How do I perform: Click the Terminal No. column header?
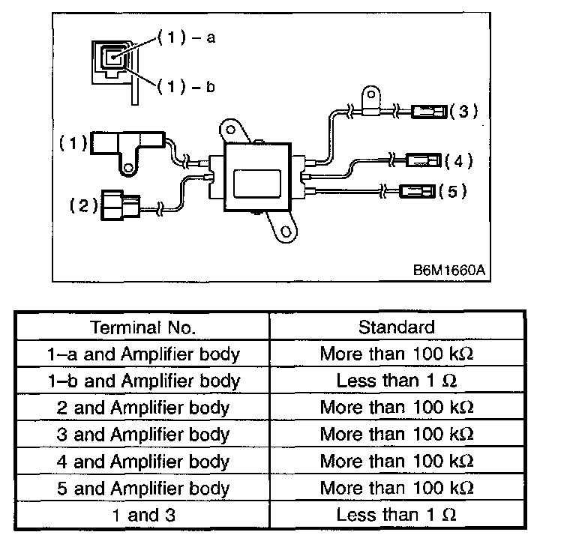click(x=143, y=327)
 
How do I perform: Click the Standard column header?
click(x=396, y=327)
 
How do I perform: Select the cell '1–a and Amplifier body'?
click(x=144, y=355)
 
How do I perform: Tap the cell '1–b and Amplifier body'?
click(x=144, y=381)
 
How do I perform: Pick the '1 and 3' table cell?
click(x=144, y=515)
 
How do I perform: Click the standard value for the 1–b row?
click(x=396, y=381)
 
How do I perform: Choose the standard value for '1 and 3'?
click(x=396, y=515)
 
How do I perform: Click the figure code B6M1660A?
click(x=449, y=270)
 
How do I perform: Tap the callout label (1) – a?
click(x=186, y=37)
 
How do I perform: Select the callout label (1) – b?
click(x=186, y=87)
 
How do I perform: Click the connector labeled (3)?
click(x=429, y=112)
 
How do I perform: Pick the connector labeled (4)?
click(x=424, y=160)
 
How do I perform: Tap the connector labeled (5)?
click(x=417, y=191)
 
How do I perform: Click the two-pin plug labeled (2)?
click(x=121, y=205)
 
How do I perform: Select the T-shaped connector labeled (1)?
click(x=127, y=148)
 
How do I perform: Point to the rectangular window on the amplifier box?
click(x=257, y=184)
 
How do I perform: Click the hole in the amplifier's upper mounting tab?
click(x=231, y=130)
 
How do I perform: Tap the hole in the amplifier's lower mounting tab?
click(x=286, y=232)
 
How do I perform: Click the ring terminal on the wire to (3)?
click(x=371, y=101)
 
